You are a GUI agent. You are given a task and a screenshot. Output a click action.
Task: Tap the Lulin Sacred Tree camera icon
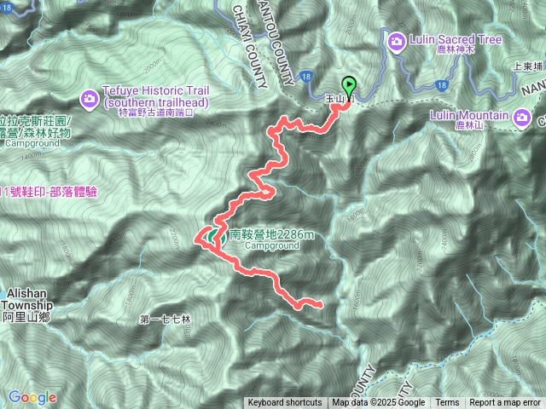[x=397, y=42]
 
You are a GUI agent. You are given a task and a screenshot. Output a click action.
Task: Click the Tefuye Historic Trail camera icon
[x=90, y=101]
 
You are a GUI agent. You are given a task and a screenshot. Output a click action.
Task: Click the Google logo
[x=32, y=397]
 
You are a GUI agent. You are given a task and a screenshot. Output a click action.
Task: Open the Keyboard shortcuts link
[x=285, y=403]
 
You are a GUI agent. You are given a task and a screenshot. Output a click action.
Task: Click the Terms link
[x=447, y=403]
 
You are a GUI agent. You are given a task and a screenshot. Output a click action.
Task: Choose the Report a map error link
[x=504, y=403]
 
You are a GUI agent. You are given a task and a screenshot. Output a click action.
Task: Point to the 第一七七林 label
[x=166, y=320]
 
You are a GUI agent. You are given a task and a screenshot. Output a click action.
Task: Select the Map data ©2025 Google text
[x=379, y=403]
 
